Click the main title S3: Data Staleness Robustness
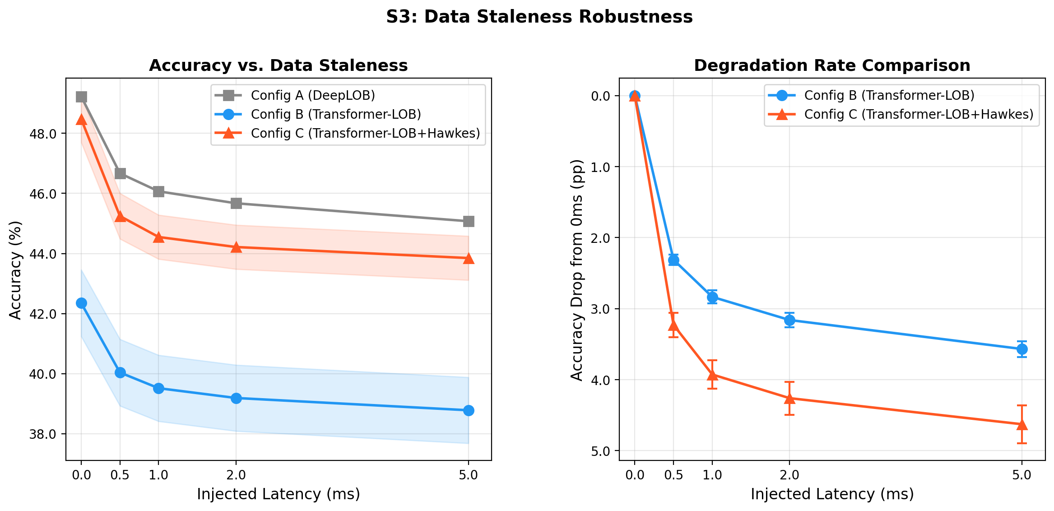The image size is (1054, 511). (539, 17)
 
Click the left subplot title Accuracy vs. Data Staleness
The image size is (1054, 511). (278, 66)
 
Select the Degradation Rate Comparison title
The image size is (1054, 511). (832, 66)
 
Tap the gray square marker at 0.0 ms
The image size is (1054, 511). (81, 97)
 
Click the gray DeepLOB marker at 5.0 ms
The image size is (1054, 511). (469, 221)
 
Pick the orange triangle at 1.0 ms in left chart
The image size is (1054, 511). (158, 237)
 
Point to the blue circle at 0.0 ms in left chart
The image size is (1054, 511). (81, 303)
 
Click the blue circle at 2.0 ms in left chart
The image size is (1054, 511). (236, 398)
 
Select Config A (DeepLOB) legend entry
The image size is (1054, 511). (312, 95)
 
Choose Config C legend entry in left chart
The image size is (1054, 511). (365, 133)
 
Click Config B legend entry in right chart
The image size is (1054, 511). (889, 95)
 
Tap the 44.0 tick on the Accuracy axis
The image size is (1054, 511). (42, 254)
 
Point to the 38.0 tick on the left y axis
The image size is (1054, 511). (42, 434)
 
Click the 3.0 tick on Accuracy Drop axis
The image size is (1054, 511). (600, 309)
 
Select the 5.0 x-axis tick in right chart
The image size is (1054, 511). (1022, 475)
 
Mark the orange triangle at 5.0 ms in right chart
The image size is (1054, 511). (1022, 424)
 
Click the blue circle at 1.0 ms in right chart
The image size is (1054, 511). (712, 297)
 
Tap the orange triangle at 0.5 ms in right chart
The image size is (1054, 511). (673, 325)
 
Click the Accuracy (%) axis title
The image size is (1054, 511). (15, 270)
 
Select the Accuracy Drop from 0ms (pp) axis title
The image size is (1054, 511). (577, 270)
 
